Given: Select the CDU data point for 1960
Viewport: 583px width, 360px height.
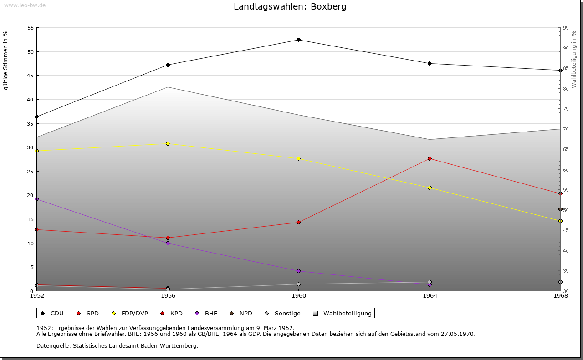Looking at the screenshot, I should click(298, 40).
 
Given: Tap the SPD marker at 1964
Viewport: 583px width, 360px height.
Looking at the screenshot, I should click(430, 158).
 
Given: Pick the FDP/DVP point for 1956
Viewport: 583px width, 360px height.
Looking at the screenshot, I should click(168, 143).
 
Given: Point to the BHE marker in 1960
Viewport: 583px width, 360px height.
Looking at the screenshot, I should click(298, 271).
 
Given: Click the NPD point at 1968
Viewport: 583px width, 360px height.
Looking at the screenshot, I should click(560, 209).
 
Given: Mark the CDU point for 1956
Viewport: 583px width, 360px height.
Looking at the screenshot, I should click(168, 65).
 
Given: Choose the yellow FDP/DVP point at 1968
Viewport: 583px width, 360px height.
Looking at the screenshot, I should click(560, 221).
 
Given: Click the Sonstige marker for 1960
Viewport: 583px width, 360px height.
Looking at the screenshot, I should click(298, 284).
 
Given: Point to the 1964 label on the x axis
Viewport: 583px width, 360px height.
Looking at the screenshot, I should click(430, 296).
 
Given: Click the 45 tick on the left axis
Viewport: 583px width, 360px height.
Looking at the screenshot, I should click(31, 76).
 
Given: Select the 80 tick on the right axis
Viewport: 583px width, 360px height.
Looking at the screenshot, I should click(566, 89).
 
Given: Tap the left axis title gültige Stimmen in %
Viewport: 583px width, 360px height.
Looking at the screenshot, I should click(6, 61).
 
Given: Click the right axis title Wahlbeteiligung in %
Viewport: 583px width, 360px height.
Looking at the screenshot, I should click(574, 59).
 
